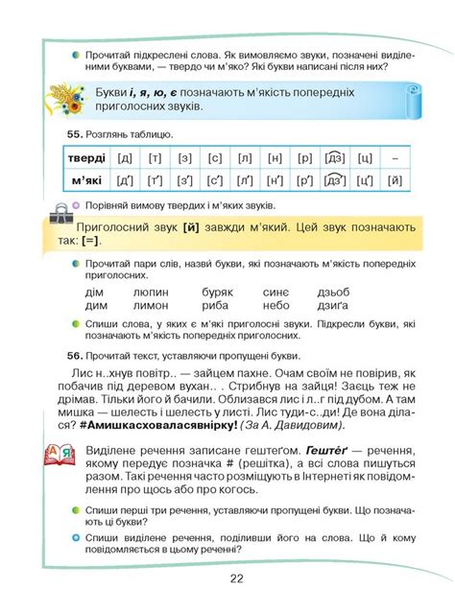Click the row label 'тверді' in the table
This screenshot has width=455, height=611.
86,157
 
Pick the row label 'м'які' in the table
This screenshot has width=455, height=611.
86,180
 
